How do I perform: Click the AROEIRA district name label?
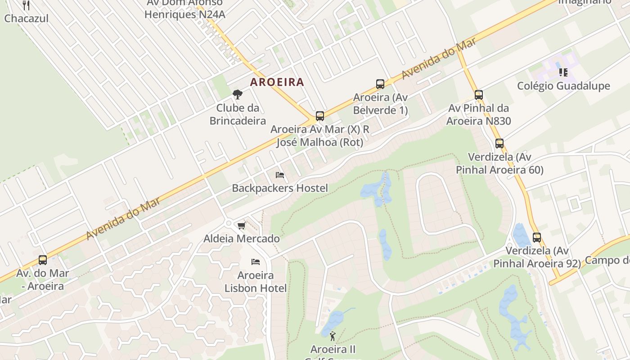click(277, 82)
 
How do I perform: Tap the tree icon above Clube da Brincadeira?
click(238, 94)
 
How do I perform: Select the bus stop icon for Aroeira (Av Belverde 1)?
click(380, 84)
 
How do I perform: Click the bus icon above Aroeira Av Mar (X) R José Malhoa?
click(320, 116)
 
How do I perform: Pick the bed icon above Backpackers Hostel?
click(280, 175)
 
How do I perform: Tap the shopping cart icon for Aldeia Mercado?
click(242, 225)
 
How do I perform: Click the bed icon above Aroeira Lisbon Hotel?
click(256, 262)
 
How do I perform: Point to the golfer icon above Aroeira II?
click(333, 336)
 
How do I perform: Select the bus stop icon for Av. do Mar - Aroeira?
click(43, 260)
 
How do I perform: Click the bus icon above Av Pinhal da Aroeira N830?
click(479, 95)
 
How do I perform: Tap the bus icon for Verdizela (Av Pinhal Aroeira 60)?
click(499, 144)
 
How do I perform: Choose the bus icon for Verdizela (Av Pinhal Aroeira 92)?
click(537, 238)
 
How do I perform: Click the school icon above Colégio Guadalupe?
click(563, 72)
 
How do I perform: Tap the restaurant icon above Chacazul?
click(26, 5)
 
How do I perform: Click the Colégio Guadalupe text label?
click(563, 86)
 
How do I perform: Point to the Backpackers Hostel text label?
click(280, 188)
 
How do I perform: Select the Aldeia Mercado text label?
click(242, 238)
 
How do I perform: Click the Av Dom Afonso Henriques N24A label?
click(185, 9)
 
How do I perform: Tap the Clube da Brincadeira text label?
click(238, 114)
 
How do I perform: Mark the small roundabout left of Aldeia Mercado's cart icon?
click(229, 223)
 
